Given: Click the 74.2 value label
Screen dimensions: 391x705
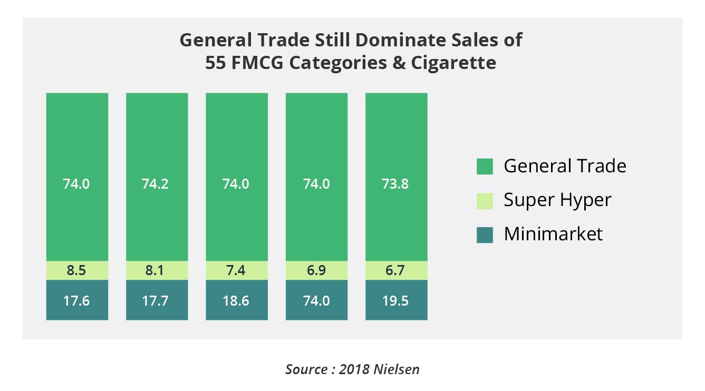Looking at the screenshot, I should pos(157,184).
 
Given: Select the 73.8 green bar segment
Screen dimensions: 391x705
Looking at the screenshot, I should pos(396,158).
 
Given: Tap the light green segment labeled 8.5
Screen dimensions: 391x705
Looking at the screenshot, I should pos(77,270).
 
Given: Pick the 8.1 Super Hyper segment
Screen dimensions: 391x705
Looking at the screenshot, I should pos(157,270).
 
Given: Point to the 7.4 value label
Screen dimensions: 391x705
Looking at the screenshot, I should pos(237,271).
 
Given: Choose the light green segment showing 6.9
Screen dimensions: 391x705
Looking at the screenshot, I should pos(316,270).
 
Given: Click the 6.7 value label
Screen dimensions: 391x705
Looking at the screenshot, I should pos(397,271).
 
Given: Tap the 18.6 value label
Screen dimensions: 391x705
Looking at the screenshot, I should pos(237,300).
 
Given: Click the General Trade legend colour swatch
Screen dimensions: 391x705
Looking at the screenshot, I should pos(485,167).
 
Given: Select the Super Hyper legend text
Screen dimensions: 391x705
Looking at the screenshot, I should pos(557,200).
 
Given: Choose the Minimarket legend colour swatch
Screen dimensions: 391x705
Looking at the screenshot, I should pos(485,234).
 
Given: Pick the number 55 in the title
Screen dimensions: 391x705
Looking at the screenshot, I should pos(217,63).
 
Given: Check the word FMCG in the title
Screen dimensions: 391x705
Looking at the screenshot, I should pos(258,63).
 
